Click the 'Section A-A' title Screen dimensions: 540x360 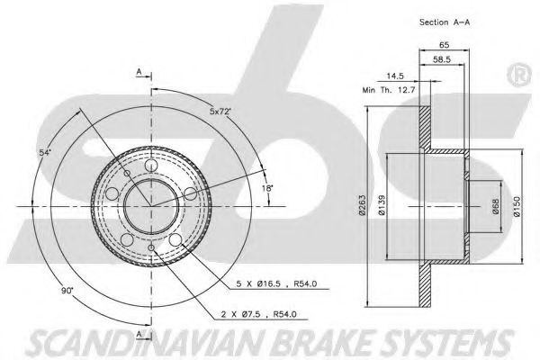coord(445,22)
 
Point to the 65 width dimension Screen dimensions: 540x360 coord(445,44)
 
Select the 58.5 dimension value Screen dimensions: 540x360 coord(442,59)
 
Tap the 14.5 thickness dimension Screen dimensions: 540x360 coord(395,76)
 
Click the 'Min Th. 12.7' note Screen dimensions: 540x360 coord(389,90)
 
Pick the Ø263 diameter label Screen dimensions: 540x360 coord(362,205)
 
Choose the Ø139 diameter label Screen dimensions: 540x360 coord(382,205)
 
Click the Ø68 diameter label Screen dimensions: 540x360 coord(496,206)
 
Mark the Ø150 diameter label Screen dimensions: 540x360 coord(517,206)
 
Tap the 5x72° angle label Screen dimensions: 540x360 coord(220,112)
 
